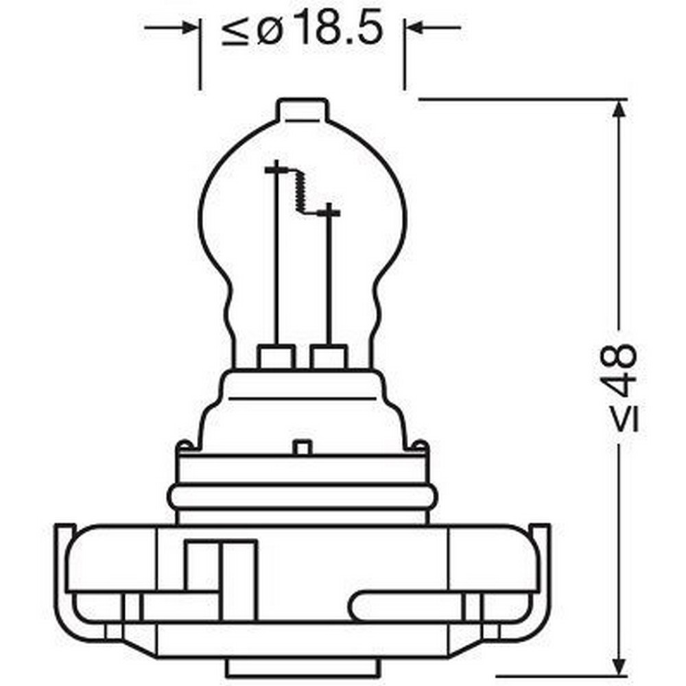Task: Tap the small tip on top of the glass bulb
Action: pos(303,110)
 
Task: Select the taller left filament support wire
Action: pos(277,261)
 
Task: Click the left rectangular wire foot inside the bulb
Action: pos(276,357)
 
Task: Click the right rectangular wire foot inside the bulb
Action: pos(330,357)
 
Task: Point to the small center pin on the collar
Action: pos(303,447)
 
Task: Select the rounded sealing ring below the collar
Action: pos(303,498)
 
